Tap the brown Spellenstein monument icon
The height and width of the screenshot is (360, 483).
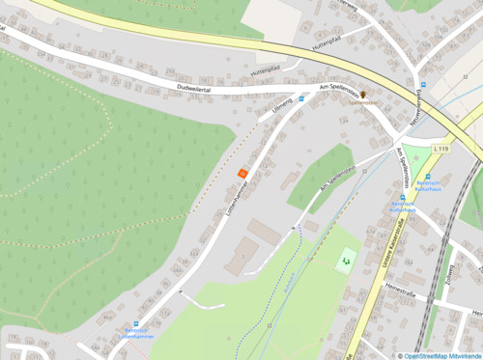pos(363,94)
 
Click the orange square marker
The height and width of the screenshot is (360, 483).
pos(241,172)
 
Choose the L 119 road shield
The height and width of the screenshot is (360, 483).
pos(441,149)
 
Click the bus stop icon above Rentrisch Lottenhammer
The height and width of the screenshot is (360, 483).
pos(137,324)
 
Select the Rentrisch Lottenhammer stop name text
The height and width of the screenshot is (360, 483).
pos(135,337)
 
